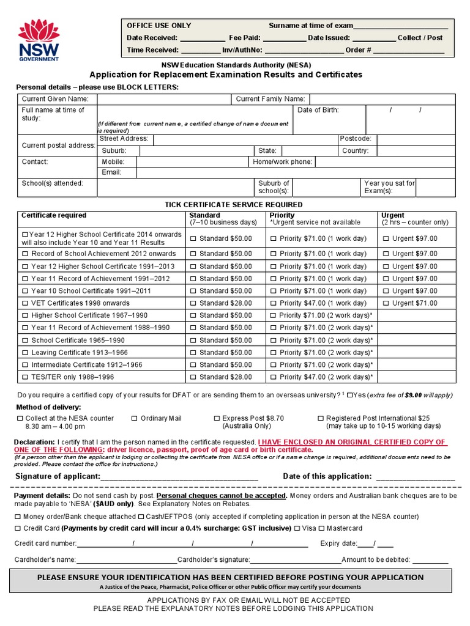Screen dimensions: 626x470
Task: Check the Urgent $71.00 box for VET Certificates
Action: [386, 303]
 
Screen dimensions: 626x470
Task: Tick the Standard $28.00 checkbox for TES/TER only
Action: [193, 377]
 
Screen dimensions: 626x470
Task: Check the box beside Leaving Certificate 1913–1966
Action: [25, 353]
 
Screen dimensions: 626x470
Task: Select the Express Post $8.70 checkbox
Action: [217, 418]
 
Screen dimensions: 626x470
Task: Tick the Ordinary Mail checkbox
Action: [135, 418]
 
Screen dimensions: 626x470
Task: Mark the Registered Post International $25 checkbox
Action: [321, 418]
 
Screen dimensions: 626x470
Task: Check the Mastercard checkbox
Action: [321, 528]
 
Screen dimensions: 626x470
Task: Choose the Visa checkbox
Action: [297, 528]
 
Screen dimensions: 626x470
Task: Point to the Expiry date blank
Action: [375, 543]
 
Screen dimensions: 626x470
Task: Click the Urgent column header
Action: [392, 215]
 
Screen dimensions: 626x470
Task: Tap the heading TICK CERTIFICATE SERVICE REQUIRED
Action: [234, 205]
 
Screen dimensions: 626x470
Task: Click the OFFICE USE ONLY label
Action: [159, 26]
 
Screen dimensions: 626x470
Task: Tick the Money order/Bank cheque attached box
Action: [18, 517]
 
